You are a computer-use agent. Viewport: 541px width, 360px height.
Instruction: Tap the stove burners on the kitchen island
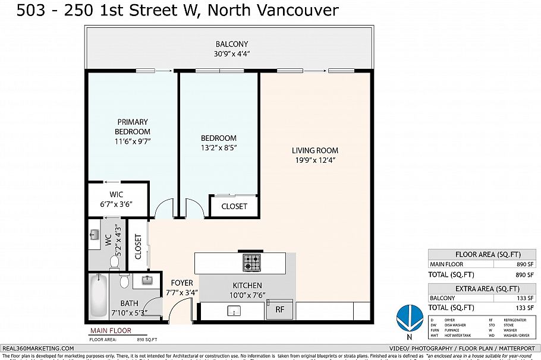coord(250,261)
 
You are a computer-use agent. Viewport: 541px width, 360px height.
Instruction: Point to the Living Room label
coord(314,150)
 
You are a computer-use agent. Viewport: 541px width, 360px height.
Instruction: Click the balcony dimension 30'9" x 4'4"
coord(232,53)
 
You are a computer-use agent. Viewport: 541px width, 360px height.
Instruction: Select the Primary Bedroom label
coord(132,127)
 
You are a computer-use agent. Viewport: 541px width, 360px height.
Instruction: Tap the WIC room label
coord(116,195)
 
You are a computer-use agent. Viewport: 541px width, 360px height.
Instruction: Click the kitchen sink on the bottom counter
coord(235,310)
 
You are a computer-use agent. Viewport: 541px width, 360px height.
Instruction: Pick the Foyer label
coord(181,283)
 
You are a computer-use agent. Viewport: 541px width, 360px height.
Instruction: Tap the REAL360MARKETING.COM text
coord(38,348)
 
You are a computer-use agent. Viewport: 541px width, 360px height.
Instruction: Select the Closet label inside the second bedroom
coord(234,206)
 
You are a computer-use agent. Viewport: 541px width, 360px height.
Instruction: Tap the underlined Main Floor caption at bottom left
coord(110,331)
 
